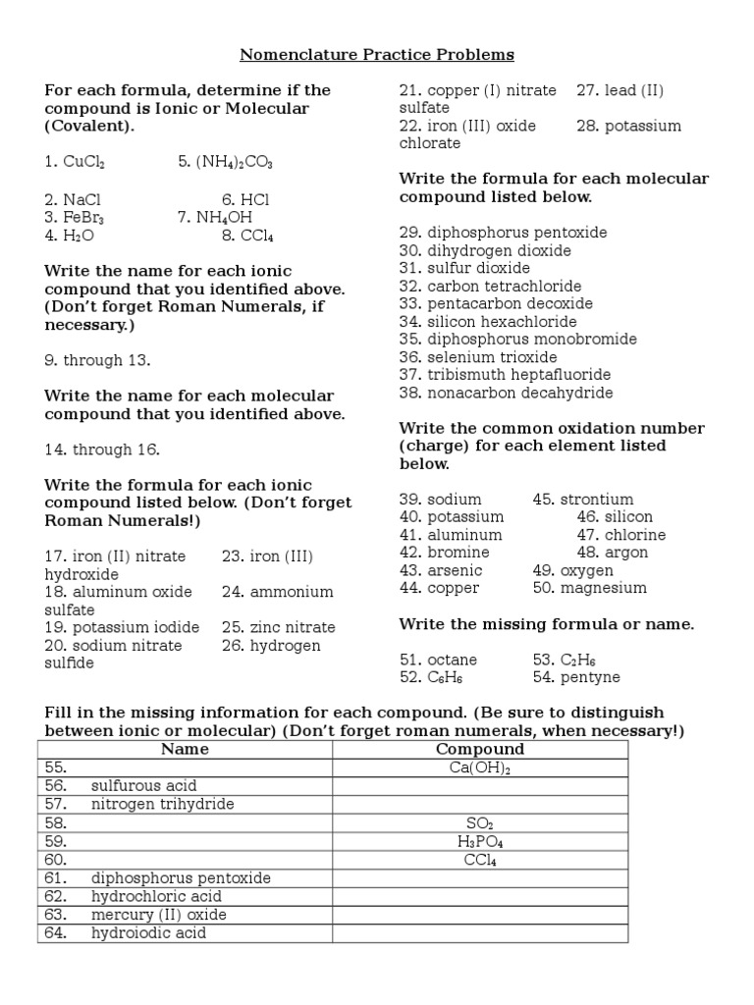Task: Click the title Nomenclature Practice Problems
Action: click(x=378, y=54)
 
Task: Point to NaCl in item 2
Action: click(x=82, y=199)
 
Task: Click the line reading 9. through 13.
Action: click(x=97, y=360)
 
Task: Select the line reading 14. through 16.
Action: click(x=102, y=450)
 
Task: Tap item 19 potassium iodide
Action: click(x=122, y=627)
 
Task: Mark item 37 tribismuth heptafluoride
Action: click(x=505, y=374)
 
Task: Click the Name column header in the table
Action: click(x=185, y=750)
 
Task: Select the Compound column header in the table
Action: click(x=479, y=750)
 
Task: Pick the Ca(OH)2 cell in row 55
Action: click(x=479, y=767)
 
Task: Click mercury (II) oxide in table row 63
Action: click(x=158, y=915)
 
